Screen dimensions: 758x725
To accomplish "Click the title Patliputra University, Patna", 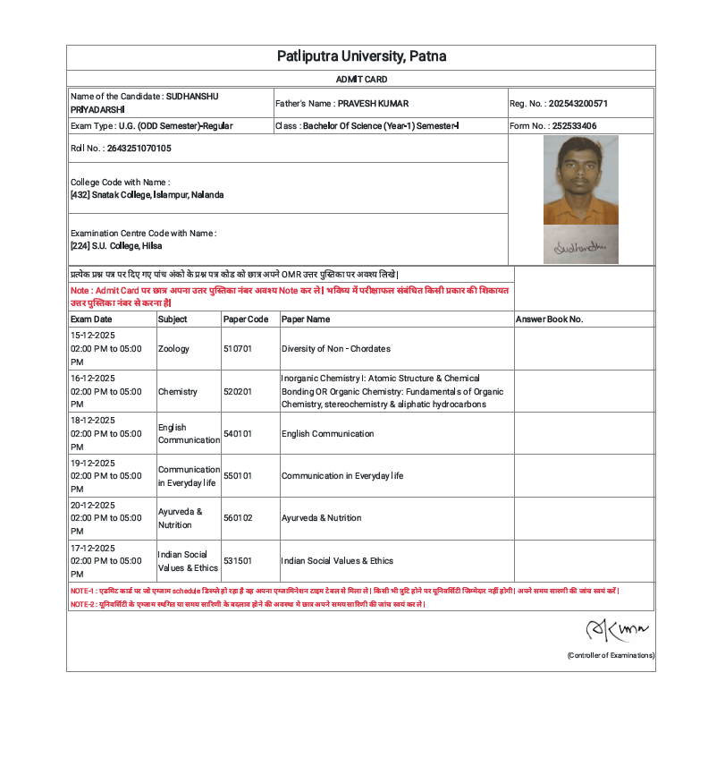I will (x=361, y=57).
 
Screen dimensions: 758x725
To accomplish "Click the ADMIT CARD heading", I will (x=361, y=80).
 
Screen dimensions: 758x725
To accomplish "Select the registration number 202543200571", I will (x=577, y=104).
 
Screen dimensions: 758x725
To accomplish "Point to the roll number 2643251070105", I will (x=139, y=149).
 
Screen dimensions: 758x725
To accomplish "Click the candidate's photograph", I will (x=580, y=180).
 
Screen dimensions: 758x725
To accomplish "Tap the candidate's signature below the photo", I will (x=580, y=244).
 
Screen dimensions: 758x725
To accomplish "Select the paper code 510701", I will (x=238, y=349).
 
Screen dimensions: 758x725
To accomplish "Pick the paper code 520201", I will (x=238, y=392).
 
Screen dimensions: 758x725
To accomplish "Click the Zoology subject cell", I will (x=173, y=349).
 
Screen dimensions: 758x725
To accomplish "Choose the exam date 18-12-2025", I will (x=93, y=421).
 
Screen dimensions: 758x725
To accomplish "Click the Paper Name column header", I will (x=306, y=319).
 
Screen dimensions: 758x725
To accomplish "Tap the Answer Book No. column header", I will (x=549, y=319).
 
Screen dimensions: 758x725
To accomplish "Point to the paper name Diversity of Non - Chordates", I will (x=335, y=349).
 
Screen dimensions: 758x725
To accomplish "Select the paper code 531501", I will (x=238, y=561).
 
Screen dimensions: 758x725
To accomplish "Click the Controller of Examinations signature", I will (x=617, y=631).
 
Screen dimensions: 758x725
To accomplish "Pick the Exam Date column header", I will (x=91, y=319).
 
